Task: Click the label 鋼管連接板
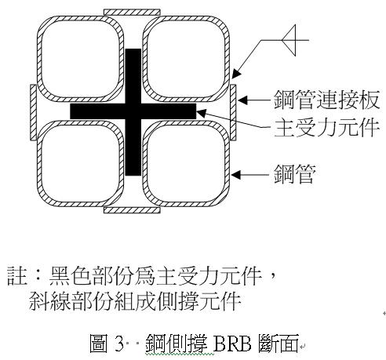pos(326,100)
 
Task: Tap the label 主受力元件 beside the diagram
pos(326,127)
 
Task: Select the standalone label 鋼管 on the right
pos(295,174)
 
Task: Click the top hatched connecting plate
pos(132,12)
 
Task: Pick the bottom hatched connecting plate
pos(132,209)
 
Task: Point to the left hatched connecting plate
pos(33,112)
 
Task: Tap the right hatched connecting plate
pos(233,112)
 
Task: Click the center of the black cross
pos(133,111)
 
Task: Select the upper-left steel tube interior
pos(80,59)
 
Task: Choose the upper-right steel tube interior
pos(186,59)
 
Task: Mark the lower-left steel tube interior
pos(80,164)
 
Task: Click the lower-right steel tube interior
pos(186,164)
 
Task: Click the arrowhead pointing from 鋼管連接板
pos(242,100)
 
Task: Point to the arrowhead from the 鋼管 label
pos(236,175)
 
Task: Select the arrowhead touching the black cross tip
pos(201,113)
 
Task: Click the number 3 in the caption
pos(119,343)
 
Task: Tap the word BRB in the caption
pos(232,343)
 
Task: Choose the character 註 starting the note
pos(17,276)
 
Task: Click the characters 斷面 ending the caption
pos(279,343)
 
